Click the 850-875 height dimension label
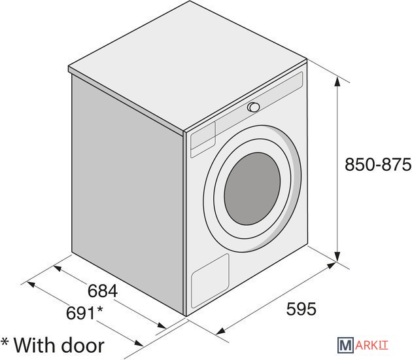[x=378, y=164]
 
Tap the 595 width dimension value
[x=301, y=309]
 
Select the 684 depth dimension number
[x=103, y=291]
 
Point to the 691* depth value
[x=84, y=313]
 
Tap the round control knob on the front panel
[x=254, y=107]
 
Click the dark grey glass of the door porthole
[x=252, y=189]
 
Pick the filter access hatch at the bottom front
[x=210, y=281]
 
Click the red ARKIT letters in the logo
[x=371, y=345]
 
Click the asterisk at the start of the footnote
[x=5, y=342]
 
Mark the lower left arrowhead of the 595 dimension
[x=220, y=331]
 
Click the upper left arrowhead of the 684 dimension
[x=58, y=269]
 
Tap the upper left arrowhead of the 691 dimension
[x=31, y=285]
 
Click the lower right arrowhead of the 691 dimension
[x=139, y=343]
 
